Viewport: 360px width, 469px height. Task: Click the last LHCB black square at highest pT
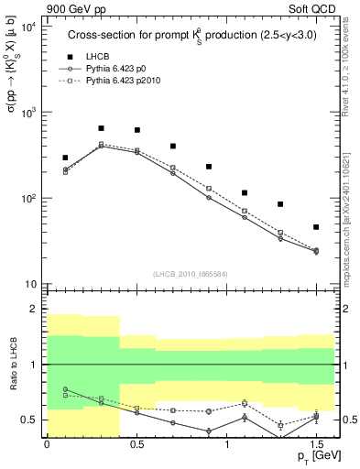pyautogui.click(x=316, y=227)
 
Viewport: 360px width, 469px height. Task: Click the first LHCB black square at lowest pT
pyautogui.click(x=65, y=158)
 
